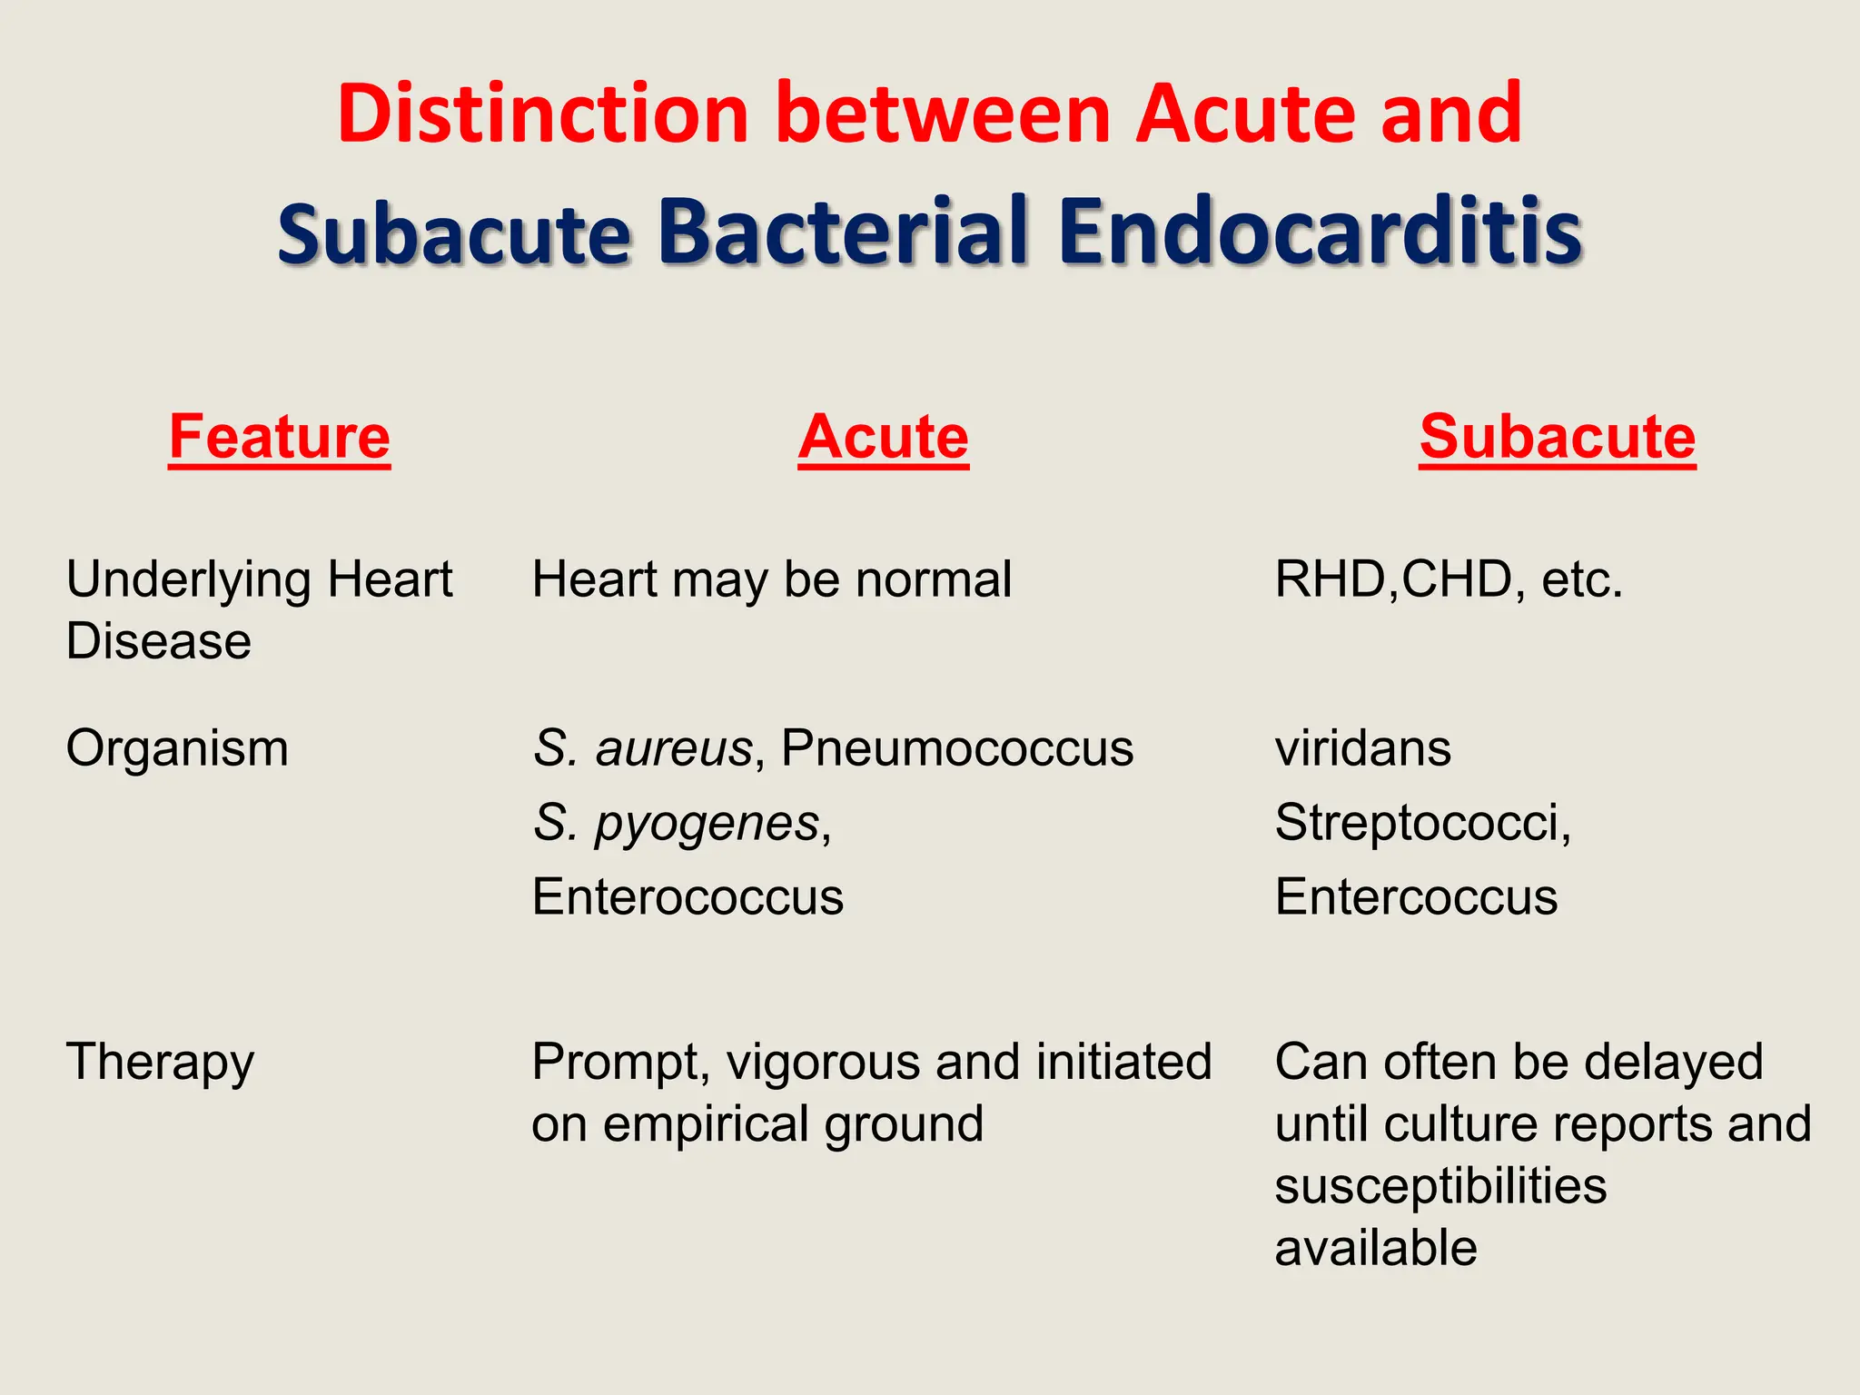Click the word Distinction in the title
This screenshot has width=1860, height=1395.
click(x=542, y=114)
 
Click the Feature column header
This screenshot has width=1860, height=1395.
click(x=279, y=437)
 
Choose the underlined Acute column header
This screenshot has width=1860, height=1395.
click(x=883, y=437)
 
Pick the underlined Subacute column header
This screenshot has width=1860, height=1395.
click(x=1557, y=437)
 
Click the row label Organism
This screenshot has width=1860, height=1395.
click(x=177, y=749)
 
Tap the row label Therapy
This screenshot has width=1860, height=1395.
click(x=160, y=1063)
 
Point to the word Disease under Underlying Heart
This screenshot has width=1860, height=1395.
click(x=158, y=641)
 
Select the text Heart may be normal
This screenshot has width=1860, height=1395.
click(x=771, y=579)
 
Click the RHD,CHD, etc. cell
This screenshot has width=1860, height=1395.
click(x=1448, y=579)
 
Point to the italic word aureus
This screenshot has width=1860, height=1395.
click(x=673, y=749)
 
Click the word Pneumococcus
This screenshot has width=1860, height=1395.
click(x=956, y=749)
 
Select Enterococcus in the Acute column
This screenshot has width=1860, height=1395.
click(x=688, y=897)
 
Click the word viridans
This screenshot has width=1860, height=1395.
click(x=1362, y=749)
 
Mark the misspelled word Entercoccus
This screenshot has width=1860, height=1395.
click(x=1415, y=897)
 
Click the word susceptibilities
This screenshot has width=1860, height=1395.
click(x=1440, y=1186)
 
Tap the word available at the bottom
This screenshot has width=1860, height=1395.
click(x=1375, y=1248)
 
